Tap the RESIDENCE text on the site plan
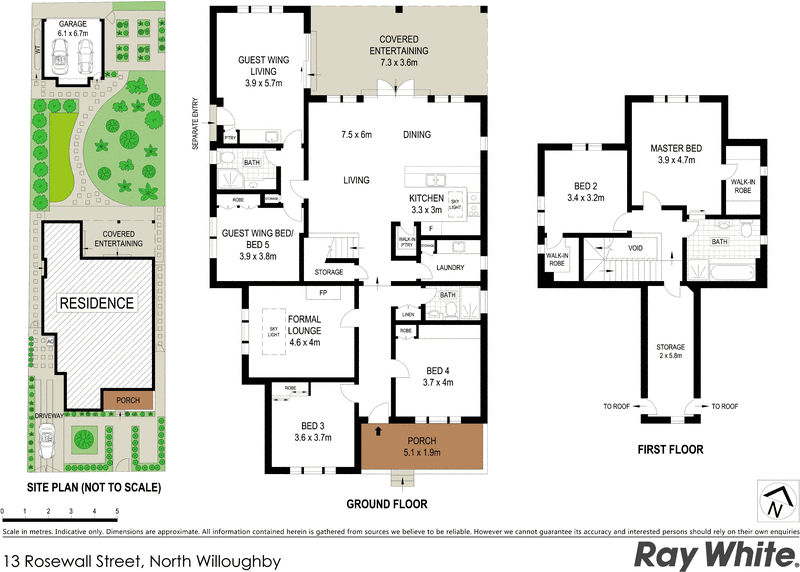coord(96,303)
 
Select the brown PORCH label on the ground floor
coord(428,441)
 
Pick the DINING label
coord(419,135)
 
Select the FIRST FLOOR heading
coord(670,450)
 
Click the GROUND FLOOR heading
coord(387,504)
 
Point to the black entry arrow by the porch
coord(378,433)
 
